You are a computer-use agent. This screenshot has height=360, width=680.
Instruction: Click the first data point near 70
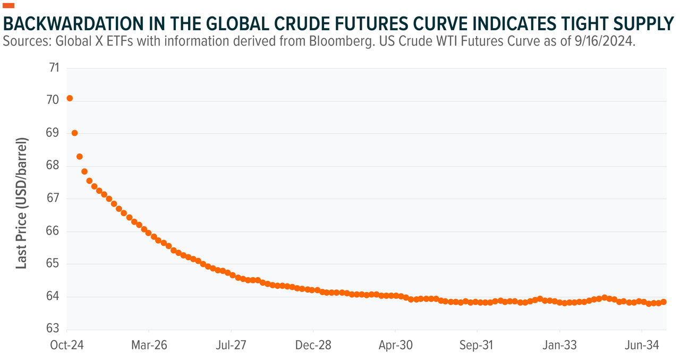70,98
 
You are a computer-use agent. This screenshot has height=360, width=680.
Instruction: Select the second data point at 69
75,133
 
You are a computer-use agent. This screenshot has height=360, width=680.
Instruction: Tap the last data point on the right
664,302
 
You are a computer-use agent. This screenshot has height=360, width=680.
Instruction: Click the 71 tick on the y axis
54,68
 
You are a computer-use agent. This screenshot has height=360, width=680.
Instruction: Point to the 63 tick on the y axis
54,329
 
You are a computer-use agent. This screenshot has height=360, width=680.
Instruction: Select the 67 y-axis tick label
54,199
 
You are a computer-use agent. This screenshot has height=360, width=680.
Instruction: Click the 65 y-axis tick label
54,264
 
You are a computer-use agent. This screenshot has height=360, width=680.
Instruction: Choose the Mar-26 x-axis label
149,345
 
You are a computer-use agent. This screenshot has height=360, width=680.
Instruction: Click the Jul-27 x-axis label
232,345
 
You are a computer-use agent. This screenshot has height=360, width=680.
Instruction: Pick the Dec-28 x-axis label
313,345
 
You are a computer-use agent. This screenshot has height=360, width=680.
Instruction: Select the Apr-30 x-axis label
396,345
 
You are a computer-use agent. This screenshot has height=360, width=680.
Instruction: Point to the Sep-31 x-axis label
477,345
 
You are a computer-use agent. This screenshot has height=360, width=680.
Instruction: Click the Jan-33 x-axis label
559,345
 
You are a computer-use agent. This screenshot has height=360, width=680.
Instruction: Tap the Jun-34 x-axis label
641,345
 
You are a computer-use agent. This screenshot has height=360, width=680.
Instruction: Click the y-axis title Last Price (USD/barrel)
21,203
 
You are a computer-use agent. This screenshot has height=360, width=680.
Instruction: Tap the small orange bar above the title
9,6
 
